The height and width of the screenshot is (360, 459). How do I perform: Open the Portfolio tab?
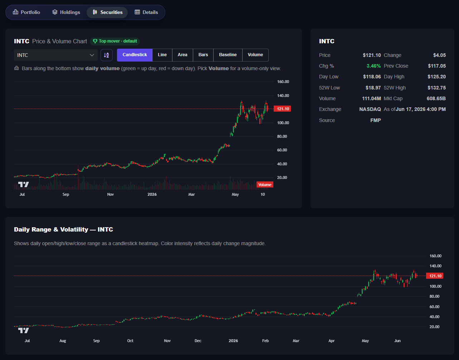[26, 12]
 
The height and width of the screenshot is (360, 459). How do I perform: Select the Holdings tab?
[66, 12]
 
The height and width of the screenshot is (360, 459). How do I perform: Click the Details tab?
[146, 12]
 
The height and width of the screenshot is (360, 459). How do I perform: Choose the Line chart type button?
[162, 55]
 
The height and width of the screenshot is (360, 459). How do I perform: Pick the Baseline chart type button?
[228, 55]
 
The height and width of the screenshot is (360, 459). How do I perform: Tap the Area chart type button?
[182, 55]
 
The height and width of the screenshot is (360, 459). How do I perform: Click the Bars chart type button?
[203, 55]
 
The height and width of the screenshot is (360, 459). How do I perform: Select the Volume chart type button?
[255, 55]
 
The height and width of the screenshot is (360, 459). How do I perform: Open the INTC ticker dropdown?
[56, 55]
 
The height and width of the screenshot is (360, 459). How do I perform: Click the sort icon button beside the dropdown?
[107, 55]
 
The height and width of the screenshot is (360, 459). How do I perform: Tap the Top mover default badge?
[115, 41]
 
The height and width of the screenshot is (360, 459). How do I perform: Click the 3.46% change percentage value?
[373, 66]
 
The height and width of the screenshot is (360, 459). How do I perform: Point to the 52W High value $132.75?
[436, 88]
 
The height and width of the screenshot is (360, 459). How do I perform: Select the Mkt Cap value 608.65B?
[436, 98]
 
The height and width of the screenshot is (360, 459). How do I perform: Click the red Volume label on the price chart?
[265, 185]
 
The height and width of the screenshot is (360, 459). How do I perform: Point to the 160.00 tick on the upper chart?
[283, 82]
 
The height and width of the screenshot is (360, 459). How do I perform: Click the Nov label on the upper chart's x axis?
[110, 194]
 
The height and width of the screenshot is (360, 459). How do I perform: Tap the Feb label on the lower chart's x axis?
[265, 341]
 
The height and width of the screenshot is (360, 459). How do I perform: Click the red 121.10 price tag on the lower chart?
[435, 276]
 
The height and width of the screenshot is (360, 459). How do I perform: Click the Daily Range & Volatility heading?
[63, 229]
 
